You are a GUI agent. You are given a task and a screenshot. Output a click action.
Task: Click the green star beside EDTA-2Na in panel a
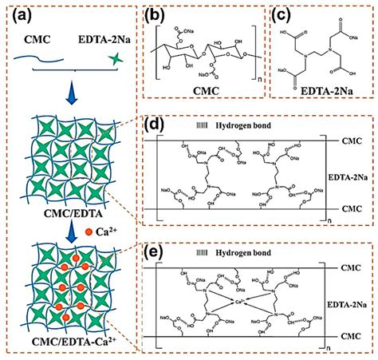(x=117, y=57)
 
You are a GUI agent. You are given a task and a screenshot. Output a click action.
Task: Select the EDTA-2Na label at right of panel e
(x=350, y=301)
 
